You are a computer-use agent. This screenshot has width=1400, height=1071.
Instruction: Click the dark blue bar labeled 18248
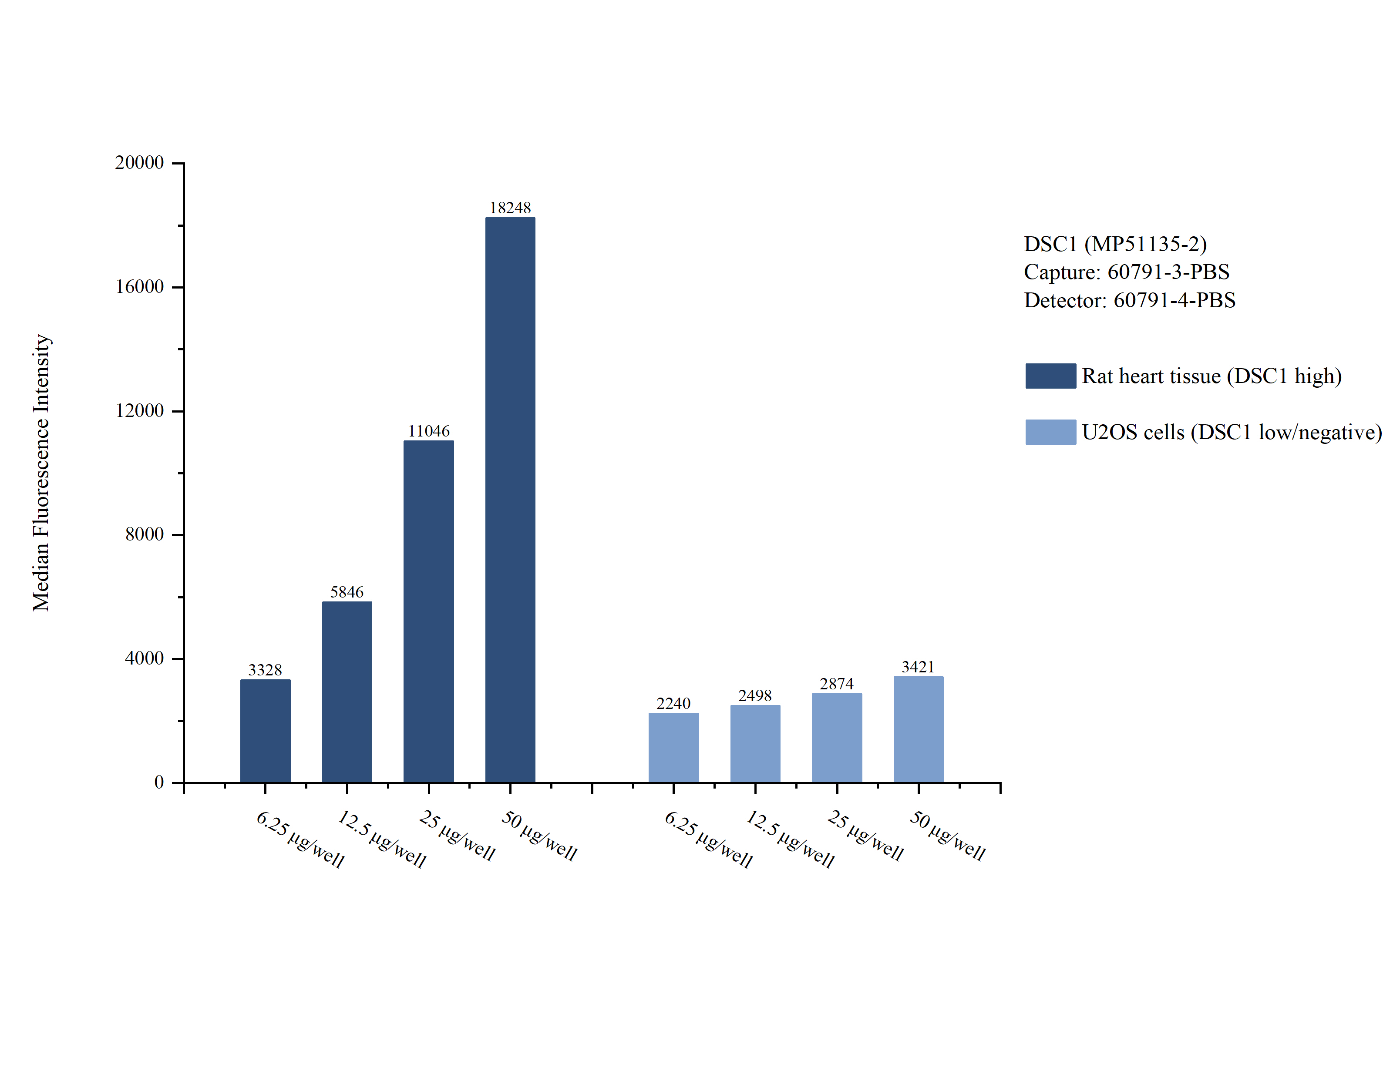510,500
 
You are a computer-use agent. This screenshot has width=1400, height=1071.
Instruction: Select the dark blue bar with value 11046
428,611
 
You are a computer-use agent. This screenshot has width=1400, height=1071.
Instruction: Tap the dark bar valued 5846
347,692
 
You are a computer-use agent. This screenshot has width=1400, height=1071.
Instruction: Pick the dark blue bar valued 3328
265,731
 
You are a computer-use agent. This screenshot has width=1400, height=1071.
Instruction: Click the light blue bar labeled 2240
673,748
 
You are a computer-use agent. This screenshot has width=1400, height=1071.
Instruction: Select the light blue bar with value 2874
836,738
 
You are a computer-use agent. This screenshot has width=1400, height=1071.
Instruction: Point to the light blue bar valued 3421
918,729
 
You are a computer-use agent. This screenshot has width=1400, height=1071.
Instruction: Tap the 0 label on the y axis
159,782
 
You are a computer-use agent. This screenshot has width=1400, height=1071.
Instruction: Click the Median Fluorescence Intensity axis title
41,472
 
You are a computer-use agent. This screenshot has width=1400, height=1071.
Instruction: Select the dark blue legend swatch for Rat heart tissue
1050,376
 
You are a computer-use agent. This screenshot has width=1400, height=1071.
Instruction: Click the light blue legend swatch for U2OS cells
1050,432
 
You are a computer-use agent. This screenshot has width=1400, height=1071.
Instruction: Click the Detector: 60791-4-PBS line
1130,300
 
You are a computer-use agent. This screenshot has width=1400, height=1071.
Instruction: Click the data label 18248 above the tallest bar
510,208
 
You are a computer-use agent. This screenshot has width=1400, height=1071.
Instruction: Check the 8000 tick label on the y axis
145,534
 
